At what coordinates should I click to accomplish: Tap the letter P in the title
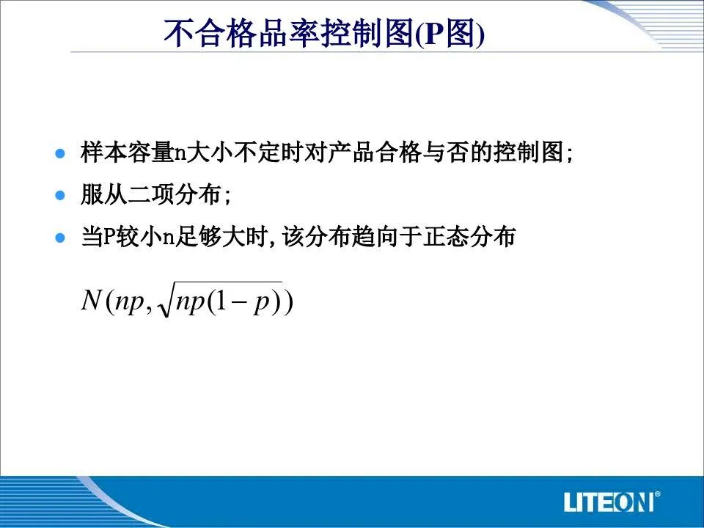[x=434, y=34]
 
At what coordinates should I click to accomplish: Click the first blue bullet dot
[x=59, y=153]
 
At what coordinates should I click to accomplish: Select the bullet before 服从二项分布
[x=59, y=195]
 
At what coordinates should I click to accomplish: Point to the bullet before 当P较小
[x=59, y=237]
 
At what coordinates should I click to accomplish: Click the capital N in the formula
[x=91, y=299]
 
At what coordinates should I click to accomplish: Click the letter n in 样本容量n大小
[x=180, y=153]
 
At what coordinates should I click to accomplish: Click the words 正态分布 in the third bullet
[x=469, y=237]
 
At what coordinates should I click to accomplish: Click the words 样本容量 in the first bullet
[x=128, y=153]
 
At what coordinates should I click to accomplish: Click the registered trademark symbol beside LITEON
[x=657, y=494]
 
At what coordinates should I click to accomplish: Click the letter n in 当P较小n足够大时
[x=168, y=238]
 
